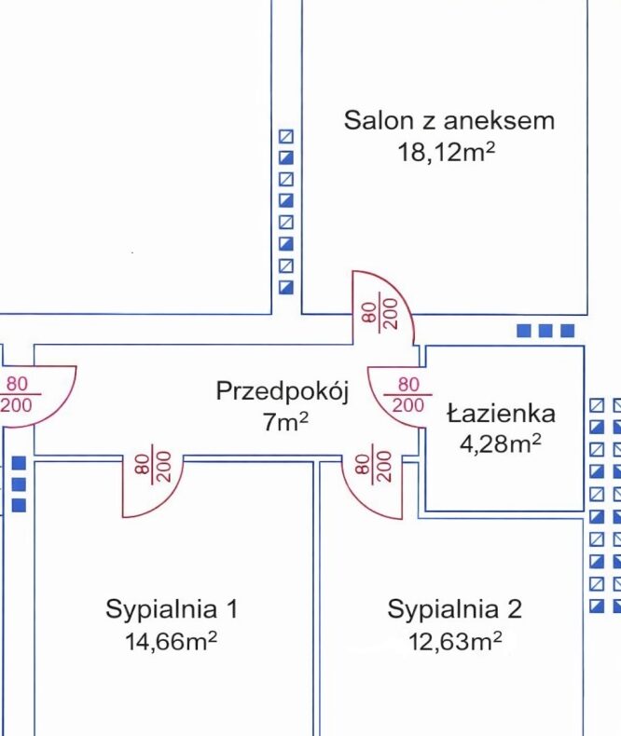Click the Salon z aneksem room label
point(449,120)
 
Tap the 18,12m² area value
point(447,152)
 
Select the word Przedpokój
point(283,391)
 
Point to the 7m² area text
point(285,421)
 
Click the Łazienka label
point(501,413)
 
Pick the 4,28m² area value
point(501,443)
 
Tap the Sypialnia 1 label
point(172,609)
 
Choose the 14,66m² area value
point(171,641)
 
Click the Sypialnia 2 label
point(454,609)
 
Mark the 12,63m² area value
point(455,641)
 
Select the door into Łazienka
point(397,397)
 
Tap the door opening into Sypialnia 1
point(153,485)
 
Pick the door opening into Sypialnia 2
point(372,486)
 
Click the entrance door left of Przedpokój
point(37,397)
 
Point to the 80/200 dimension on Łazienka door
point(407,395)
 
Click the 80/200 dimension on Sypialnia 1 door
point(152,467)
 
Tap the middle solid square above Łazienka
point(545,331)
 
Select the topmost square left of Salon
point(286,137)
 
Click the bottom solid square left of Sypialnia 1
point(19,505)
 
